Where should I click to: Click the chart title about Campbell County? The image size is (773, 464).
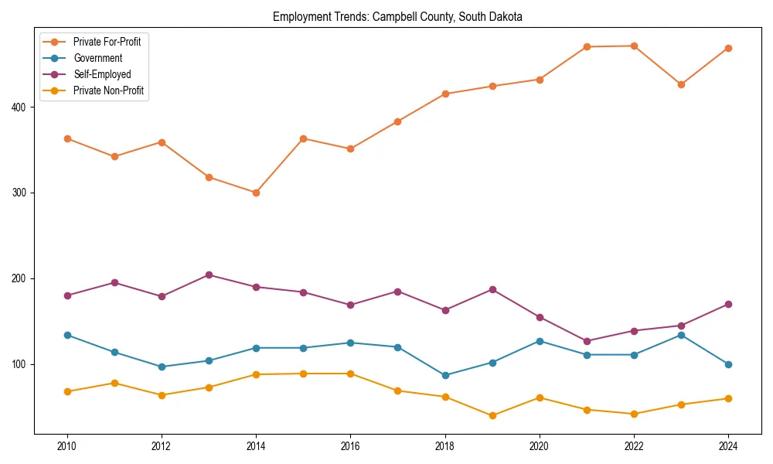[397, 17]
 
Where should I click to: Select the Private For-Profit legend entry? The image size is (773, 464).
[107, 42]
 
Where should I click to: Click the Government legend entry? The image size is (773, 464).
[97, 58]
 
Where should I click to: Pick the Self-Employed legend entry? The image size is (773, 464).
[102, 74]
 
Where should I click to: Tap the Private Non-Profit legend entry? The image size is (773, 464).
[108, 90]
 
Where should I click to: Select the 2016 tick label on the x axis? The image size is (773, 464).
[350, 447]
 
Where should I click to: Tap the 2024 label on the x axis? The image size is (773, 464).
[727, 447]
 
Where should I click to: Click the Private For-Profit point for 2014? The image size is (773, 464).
[256, 193]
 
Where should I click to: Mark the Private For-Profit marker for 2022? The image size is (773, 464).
[634, 46]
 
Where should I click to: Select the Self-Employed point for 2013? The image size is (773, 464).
[209, 275]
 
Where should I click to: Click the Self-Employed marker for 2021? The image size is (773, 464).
[587, 341]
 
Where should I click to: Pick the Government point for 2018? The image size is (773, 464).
[445, 375]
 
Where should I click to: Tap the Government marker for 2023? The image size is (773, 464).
[681, 335]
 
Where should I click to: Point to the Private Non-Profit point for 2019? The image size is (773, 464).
[492, 415]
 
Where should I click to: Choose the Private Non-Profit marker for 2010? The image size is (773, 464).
[67, 391]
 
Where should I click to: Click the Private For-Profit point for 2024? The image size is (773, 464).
[727, 48]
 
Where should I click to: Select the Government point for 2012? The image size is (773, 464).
[162, 367]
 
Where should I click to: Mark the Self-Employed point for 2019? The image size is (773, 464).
[492, 289]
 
